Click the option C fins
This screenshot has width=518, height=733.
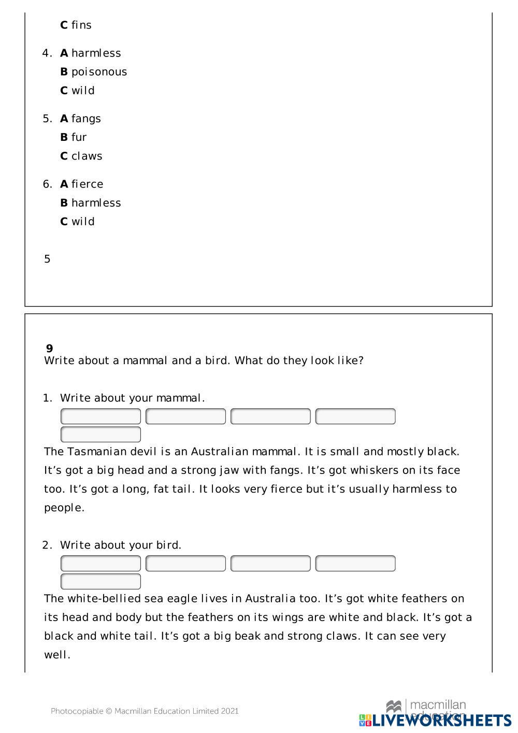[76, 25]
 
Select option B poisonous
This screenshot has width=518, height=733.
[93, 71]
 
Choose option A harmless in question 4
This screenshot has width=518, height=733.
[90, 53]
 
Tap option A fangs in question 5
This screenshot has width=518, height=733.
[80, 118]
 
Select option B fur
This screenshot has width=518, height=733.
[73, 137]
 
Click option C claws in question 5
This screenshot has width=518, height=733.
[81, 156]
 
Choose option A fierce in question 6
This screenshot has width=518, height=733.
[81, 184]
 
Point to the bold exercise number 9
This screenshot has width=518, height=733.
[49, 348]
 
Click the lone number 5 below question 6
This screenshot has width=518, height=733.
[47, 259]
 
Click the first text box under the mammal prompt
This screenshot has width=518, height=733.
[100, 416]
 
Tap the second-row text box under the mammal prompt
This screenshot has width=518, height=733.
[100, 434]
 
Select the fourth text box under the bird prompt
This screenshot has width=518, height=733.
[355, 563]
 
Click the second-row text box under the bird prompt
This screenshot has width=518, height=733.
[100, 581]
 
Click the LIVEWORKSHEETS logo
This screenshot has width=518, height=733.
[435, 720]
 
